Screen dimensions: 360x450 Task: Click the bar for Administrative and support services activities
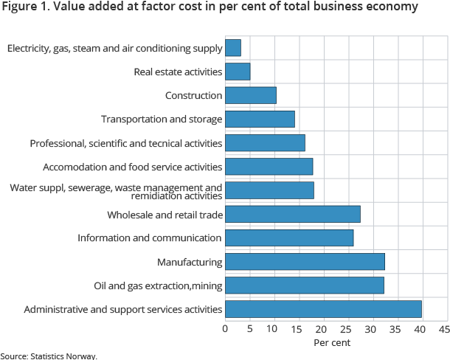coord(323,308)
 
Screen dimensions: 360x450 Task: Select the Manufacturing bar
coord(305,261)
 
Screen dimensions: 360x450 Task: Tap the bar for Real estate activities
coord(238,72)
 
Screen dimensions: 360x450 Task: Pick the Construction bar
coord(251,95)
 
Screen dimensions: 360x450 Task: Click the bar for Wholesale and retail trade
coord(292,214)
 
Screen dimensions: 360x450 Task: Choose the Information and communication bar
coord(289,238)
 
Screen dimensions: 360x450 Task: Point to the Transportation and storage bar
coord(260,119)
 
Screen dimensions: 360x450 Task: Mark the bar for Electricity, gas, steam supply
coord(233,48)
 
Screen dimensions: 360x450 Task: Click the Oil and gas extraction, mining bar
coord(304,285)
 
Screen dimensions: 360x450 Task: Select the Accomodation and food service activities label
coord(132,167)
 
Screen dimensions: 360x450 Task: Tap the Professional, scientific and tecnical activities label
coord(125,143)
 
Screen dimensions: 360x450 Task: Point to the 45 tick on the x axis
coord(443,328)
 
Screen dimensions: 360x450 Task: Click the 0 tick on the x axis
coord(225,328)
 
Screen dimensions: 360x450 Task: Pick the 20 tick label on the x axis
coord(322,328)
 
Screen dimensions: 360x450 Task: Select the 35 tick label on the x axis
coord(395,328)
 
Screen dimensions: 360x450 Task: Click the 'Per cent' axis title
coord(332,342)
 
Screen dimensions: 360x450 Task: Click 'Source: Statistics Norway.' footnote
coord(48,356)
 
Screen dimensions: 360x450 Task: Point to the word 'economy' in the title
coord(392,7)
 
